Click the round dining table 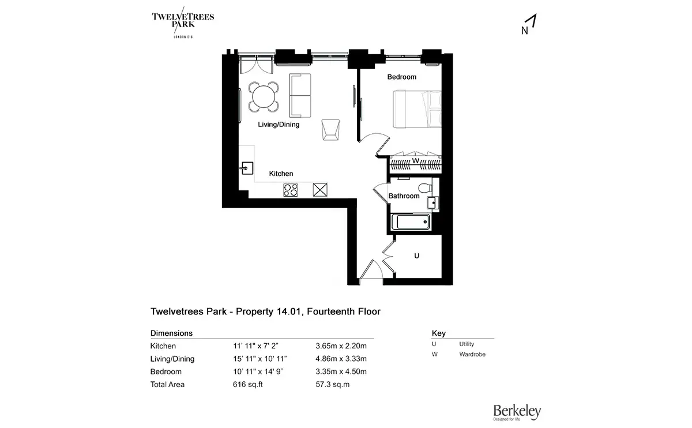click(x=264, y=97)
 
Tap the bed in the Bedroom click(x=417, y=109)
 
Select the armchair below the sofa click(x=330, y=130)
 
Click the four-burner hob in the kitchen click(x=291, y=190)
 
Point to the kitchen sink click(x=247, y=168)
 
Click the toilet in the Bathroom click(x=425, y=187)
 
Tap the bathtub click(x=411, y=222)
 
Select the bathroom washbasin click(x=432, y=203)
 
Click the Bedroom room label click(x=401, y=77)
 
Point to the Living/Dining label click(x=279, y=125)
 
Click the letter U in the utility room click(x=416, y=256)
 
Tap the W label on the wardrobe click(x=416, y=161)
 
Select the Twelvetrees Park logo click(x=183, y=22)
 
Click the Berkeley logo click(x=517, y=412)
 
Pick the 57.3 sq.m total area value click(x=332, y=384)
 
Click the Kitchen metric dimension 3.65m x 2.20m click(x=341, y=346)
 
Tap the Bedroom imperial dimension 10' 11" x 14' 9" click(x=258, y=371)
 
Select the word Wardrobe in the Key click(x=472, y=354)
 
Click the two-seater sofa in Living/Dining click(x=300, y=96)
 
